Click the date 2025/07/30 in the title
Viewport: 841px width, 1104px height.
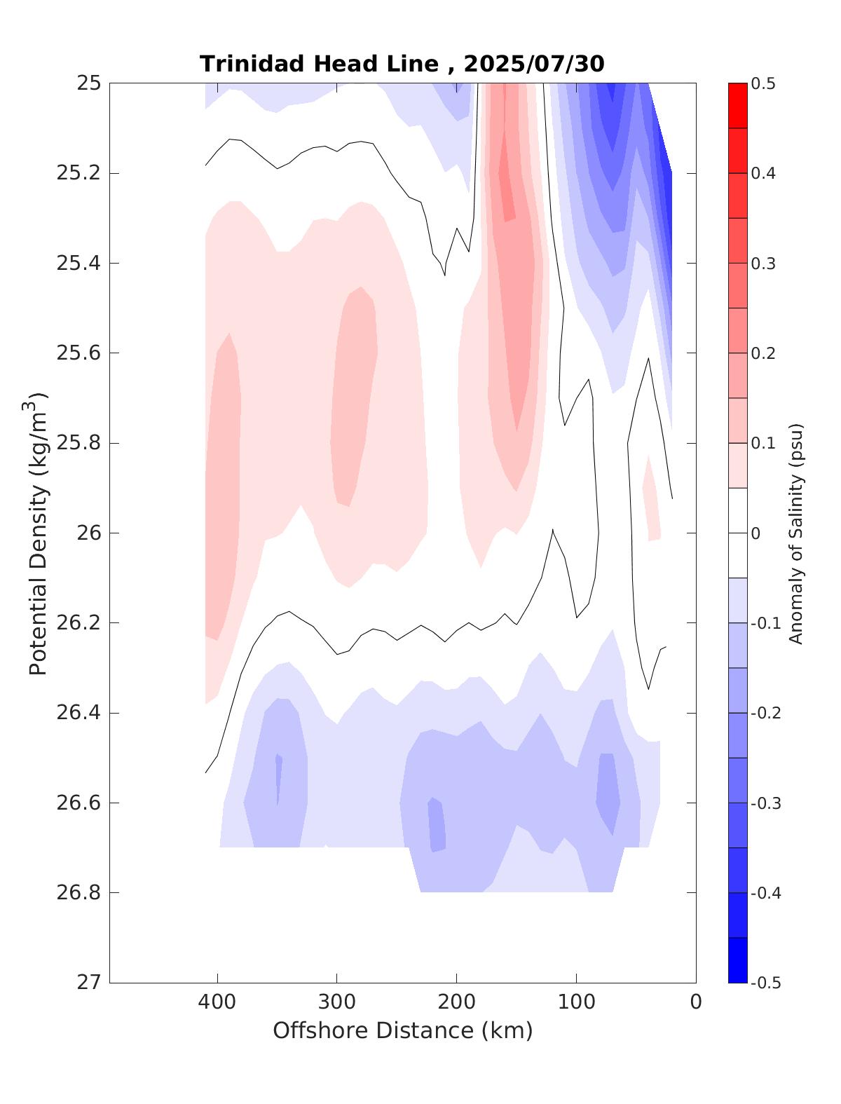pos(533,64)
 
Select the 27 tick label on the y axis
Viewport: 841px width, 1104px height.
pos(88,983)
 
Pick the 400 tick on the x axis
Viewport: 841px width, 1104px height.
pos(217,1002)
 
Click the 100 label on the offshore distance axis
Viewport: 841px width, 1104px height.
pos(576,1002)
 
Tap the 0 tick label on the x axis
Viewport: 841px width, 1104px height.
pos(695,1002)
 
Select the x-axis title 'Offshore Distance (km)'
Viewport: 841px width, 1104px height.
pos(402,1030)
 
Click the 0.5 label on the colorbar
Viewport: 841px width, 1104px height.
pos(763,84)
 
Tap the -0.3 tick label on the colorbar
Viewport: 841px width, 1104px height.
pos(765,803)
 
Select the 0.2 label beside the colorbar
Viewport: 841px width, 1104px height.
pos(763,353)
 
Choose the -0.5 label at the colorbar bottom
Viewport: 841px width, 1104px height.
pos(765,983)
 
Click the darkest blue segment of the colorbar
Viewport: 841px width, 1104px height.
pos(738,960)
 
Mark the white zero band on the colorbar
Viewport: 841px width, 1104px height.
pos(738,533)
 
